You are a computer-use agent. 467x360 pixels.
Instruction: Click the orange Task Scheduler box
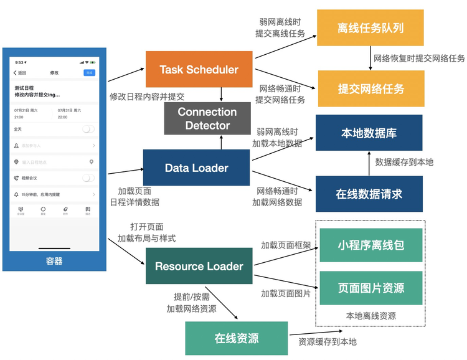coord(199,69)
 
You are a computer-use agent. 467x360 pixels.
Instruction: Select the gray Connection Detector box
coord(207,118)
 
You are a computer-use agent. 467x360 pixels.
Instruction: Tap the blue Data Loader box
coord(196,168)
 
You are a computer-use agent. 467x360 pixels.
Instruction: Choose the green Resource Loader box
coord(199,266)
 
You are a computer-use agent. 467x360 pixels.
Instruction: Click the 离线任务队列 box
coord(371,29)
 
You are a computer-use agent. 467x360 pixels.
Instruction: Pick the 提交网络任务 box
coord(371,88)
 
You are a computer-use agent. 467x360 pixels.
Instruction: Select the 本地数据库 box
coord(369,133)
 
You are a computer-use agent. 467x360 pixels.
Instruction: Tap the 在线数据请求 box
coord(369,194)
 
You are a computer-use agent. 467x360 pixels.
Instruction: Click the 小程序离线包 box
coord(370,245)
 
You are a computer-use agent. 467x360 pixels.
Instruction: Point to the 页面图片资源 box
coord(370,288)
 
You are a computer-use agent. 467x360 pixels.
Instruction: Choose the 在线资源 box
coord(237,338)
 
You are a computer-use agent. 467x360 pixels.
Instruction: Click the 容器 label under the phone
coord(54,261)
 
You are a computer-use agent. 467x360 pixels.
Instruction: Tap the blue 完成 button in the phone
coord(89,73)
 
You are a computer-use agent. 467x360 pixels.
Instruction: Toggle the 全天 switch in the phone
coord(88,129)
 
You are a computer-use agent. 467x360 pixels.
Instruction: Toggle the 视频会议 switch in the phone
coord(88,178)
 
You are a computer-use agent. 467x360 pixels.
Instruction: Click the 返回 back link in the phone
coord(21,73)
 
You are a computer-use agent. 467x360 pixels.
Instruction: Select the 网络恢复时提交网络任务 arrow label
coord(419,59)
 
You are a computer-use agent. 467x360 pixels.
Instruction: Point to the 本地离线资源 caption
coord(371,316)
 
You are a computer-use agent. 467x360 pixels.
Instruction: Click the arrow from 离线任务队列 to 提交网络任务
coord(370,59)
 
